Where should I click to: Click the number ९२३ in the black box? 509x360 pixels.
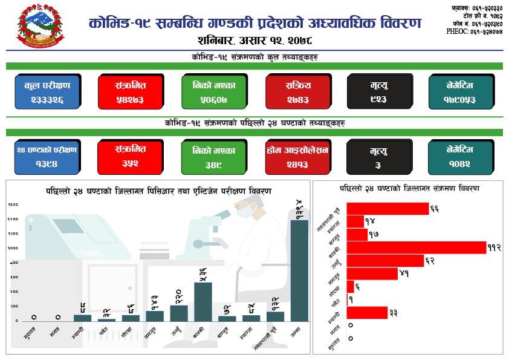[x=379, y=99]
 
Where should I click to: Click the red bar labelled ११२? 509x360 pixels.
[x=417, y=247]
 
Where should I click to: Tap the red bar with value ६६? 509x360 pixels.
[x=387, y=209]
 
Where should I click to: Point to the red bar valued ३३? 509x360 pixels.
[x=367, y=312]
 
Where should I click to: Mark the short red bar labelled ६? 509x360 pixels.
[x=351, y=286]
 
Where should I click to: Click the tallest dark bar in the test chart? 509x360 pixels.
[x=299, y=270]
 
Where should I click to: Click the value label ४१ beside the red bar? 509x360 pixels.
[x=404, y=273]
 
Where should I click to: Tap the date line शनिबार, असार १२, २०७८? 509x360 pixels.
[x=254, y=42]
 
